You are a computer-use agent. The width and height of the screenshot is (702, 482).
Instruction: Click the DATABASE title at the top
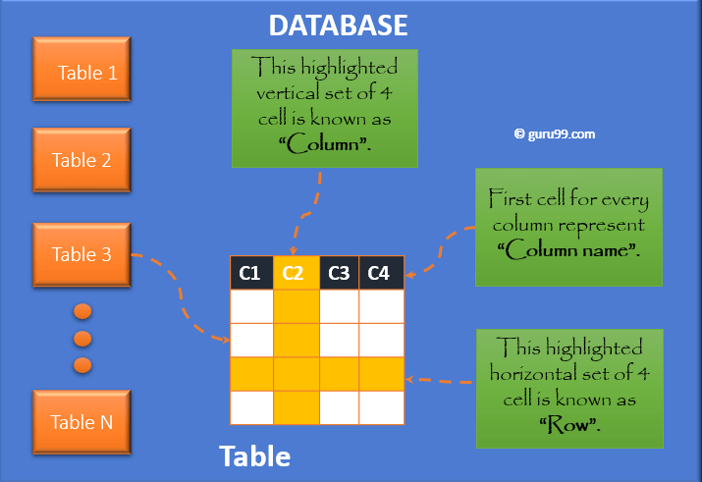point(338,25)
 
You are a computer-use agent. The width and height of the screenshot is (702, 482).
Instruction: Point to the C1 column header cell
point(250,273)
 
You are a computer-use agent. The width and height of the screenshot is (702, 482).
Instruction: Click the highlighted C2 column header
point(296,273)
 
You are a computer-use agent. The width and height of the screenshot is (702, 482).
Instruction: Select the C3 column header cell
point(339,273)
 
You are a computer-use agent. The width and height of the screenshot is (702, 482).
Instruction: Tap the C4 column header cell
point(381,273)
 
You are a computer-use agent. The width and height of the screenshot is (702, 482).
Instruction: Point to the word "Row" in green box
point(569,424)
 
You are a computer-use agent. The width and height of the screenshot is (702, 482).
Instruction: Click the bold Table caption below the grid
point(254,455)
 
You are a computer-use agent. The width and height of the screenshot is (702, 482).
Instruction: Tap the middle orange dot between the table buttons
point(82,339)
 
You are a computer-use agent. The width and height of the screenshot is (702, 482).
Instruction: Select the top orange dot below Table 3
point(82,312)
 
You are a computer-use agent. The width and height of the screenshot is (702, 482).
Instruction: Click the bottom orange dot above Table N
point(82,365)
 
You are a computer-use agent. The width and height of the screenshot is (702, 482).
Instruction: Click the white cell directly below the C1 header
point(250,305)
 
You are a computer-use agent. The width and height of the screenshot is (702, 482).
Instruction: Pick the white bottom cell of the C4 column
point(381,406)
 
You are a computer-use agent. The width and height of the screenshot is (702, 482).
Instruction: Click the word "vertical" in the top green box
point(292,94)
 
